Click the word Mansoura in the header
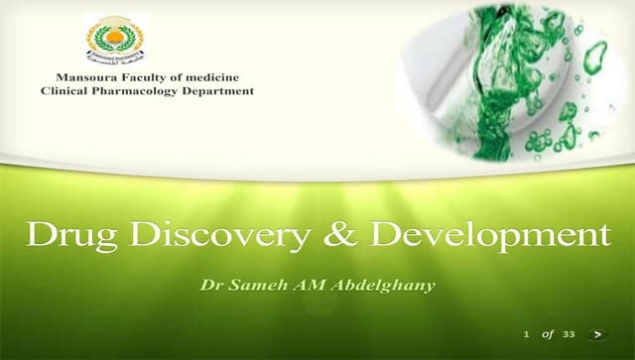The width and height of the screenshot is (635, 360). coord(84,77)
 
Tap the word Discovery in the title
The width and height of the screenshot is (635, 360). coord(195,237)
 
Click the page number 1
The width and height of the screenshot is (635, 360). coord(527,334)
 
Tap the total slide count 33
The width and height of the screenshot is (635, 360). coord(569,334)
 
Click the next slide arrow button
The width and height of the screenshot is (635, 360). coord(596,334)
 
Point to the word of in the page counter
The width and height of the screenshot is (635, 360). coord(547,334)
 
